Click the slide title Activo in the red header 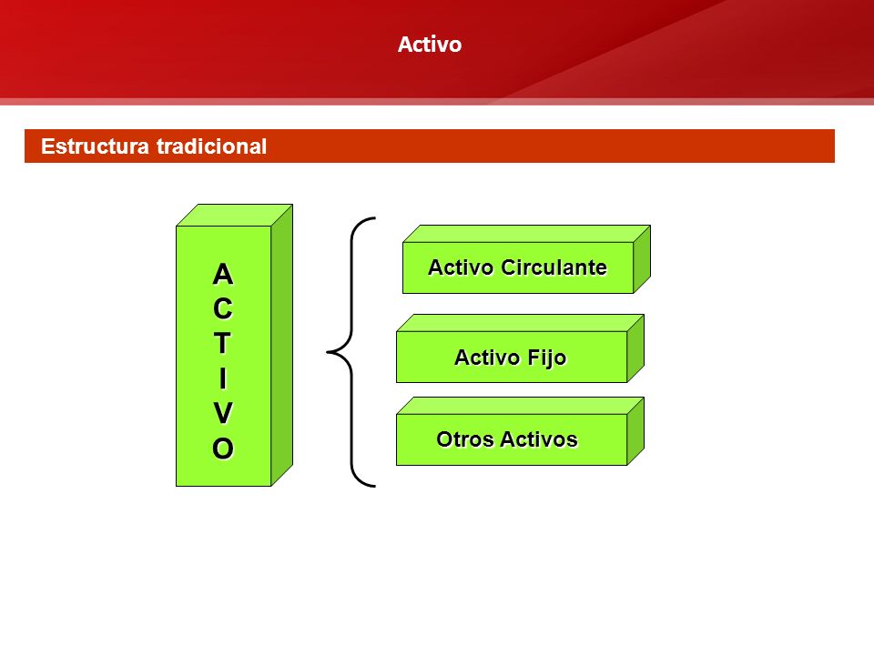[429, 45]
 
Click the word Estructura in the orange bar [95, 146]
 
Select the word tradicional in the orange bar [212, 146]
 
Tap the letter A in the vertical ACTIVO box [223, 274]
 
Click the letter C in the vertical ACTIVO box [223, 308]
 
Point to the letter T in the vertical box [223, 343]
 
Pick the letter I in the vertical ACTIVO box [223, 378]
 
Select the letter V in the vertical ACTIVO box [223, 413]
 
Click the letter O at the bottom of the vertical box [223, 448]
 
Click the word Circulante [554, 267]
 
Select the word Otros [465, 439]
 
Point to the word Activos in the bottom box [539, 439]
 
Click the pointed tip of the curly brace [327, 352]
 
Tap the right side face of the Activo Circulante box [642, 259]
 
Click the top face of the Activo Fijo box [520, 323]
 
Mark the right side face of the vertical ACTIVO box [282, 346]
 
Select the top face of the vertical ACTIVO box [234, 216]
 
